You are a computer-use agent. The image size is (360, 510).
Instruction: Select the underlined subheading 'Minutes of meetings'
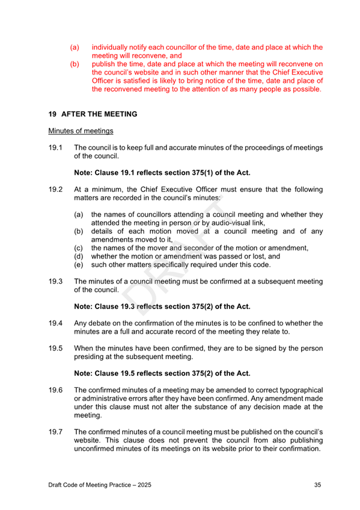click(x=75, y=131)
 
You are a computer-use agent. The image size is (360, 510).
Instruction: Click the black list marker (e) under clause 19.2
click(x=78, y=265)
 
